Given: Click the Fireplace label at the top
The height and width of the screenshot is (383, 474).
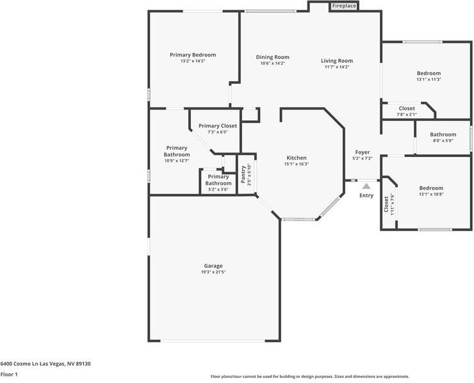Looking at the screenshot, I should [x=344, y=6].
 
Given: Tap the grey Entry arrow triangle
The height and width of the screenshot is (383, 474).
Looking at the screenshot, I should [x=366, y=186].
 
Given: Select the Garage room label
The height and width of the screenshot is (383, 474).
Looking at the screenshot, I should [x=213, y=266].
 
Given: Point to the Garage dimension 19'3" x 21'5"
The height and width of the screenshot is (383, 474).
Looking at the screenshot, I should [x=213, y=272].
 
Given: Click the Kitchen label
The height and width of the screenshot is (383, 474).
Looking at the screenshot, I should [x=296, y=158].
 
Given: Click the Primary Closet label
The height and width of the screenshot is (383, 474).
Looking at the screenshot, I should [x=218, y=126].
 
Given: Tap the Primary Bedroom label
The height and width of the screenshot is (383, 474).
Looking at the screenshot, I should [x=193, y=55].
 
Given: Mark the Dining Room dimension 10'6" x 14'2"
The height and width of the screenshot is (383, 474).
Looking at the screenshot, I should [x=273, y=63].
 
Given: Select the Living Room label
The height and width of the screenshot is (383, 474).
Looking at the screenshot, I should [x=337, y=61].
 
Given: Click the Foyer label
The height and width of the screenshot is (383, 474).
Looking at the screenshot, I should [x=363, y=152].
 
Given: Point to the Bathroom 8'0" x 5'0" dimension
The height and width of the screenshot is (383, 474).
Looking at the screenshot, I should [x=443, y=140].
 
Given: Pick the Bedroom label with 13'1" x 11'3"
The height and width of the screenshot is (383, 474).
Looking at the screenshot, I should [x=429, y=73].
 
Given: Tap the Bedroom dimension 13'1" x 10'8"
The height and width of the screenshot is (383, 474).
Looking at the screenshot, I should [x=431, y=194].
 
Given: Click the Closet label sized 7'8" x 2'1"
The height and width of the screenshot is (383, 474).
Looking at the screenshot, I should [x=407, y=108].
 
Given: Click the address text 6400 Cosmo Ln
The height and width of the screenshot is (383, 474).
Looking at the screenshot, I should [x=45, y=364].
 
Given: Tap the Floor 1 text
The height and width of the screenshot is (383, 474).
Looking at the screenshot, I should [x=9, y=374].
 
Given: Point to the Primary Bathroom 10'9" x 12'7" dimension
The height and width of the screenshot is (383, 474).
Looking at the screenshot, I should [x=177, y=161].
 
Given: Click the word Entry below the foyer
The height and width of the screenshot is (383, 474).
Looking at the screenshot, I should [x=366, y=195].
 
